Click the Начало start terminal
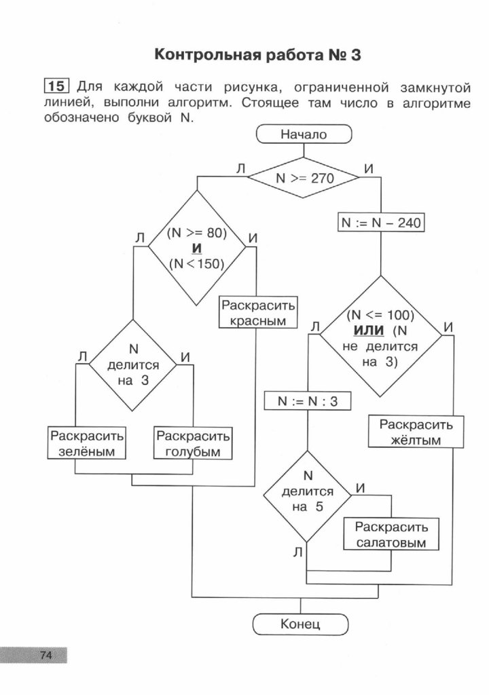(304, 134)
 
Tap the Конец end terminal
(300, 624)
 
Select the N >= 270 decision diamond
(304, 179)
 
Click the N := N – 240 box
(381, 222)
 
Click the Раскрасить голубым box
(194, 443)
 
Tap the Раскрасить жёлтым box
(410, 432)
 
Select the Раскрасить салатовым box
(391, 535)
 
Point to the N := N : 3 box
(308, 401)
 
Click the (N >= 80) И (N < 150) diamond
(196, 248)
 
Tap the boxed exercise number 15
(58, 86)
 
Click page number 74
(46, 655)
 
